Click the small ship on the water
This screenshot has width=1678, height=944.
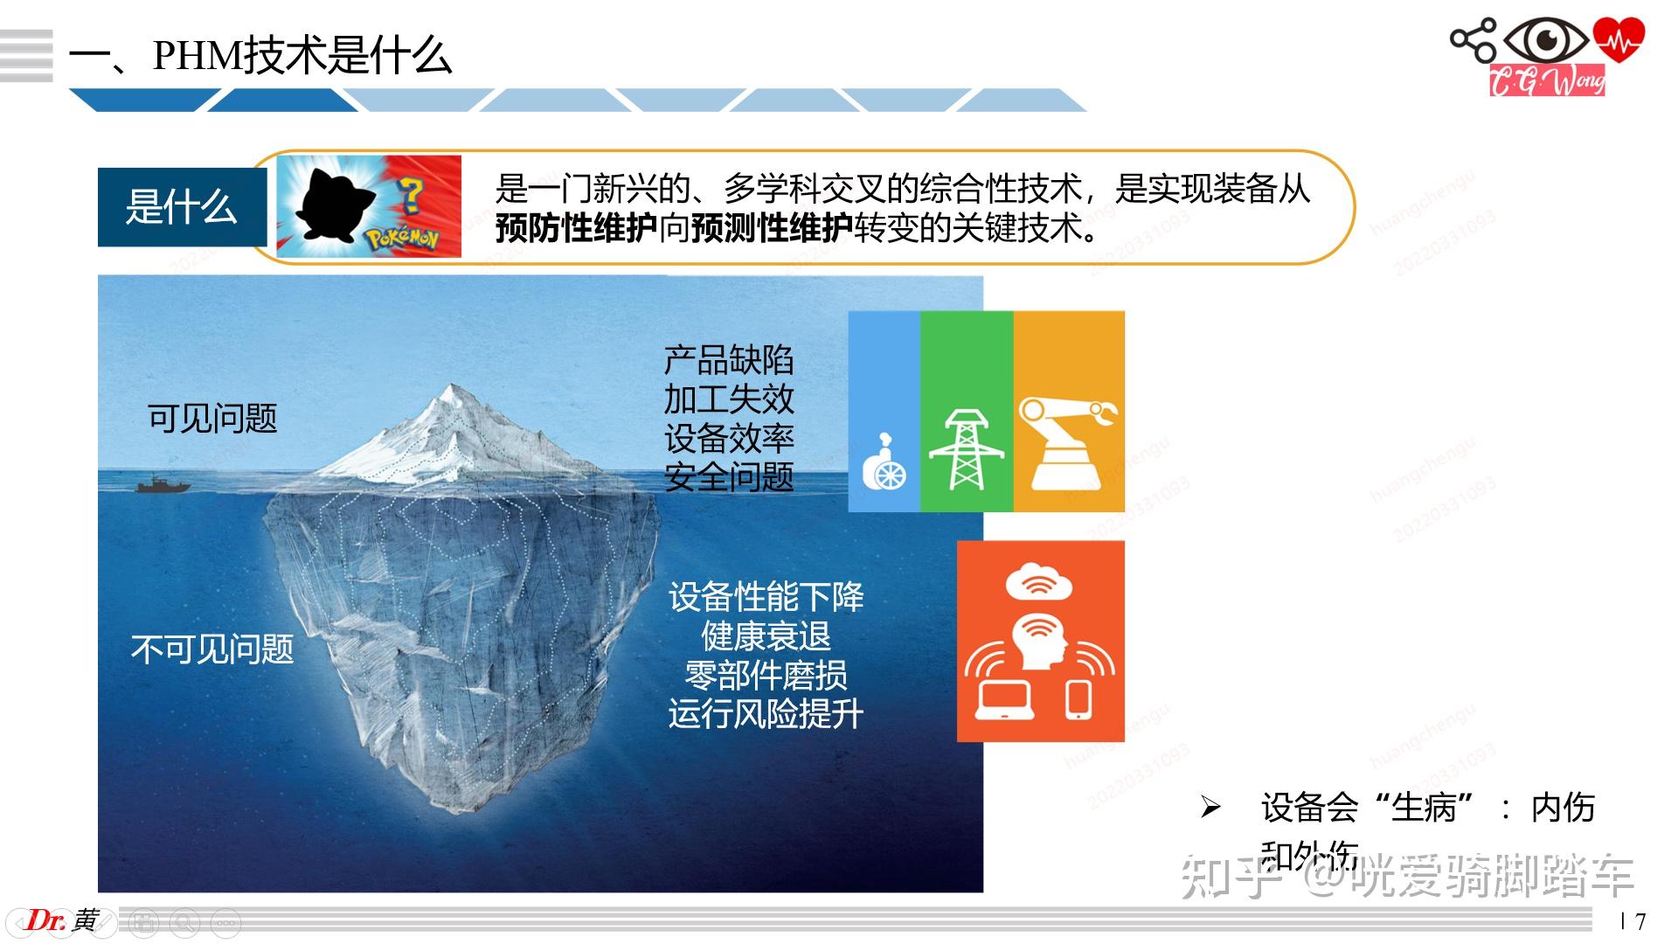click(x=163, y=483)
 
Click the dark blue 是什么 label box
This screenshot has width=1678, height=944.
click(x=182, y=207)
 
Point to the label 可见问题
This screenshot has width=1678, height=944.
click(x=212, y=419)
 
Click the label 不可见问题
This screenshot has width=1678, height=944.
click(x=212, y=649)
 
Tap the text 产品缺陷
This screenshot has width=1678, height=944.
click(x=729, y=360)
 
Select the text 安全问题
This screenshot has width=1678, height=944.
click(x=729, y=477)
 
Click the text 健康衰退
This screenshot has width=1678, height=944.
click(x=766, y=636)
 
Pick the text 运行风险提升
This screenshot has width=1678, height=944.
click(x=766, y=714)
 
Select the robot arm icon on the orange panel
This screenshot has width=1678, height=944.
click(x=1068, y=441)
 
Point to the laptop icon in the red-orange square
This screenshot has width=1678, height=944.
click(x=1005, y=700)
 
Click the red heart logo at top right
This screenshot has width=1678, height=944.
click(x=1619, y=40)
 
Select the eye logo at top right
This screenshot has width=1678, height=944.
click(x=1548, y=40)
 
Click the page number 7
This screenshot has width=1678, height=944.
click(x=1640, y=921)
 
